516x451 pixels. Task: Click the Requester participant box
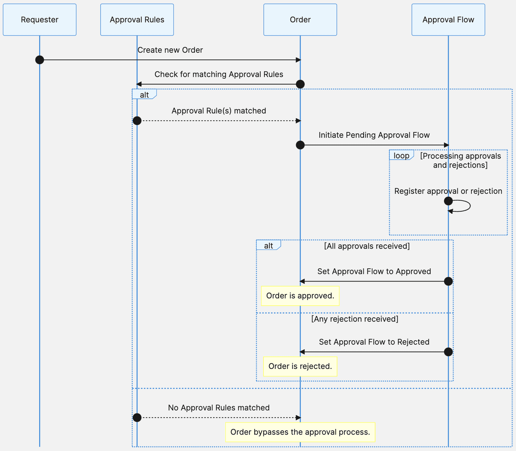39,20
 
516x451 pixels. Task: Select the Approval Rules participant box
137,20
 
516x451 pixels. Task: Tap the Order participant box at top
300,20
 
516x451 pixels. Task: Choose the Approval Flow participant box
448,20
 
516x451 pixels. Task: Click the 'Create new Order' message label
170,50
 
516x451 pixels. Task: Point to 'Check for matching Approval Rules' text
219,75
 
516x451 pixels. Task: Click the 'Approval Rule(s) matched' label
219,111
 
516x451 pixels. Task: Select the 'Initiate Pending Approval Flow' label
374,135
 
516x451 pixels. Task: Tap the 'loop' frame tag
401,156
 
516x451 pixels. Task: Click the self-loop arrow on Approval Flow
469,206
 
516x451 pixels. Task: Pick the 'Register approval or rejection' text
448,191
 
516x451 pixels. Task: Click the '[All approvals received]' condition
367,246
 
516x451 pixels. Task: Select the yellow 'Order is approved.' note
300,296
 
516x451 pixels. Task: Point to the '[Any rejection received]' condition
354,319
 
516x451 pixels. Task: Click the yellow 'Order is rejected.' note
300,366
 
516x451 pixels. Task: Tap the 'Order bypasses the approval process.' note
300,432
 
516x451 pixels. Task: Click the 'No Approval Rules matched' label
219,408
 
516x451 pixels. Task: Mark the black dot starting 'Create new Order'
40,60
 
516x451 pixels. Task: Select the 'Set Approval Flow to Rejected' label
374,342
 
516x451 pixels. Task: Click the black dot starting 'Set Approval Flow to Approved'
448,281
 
